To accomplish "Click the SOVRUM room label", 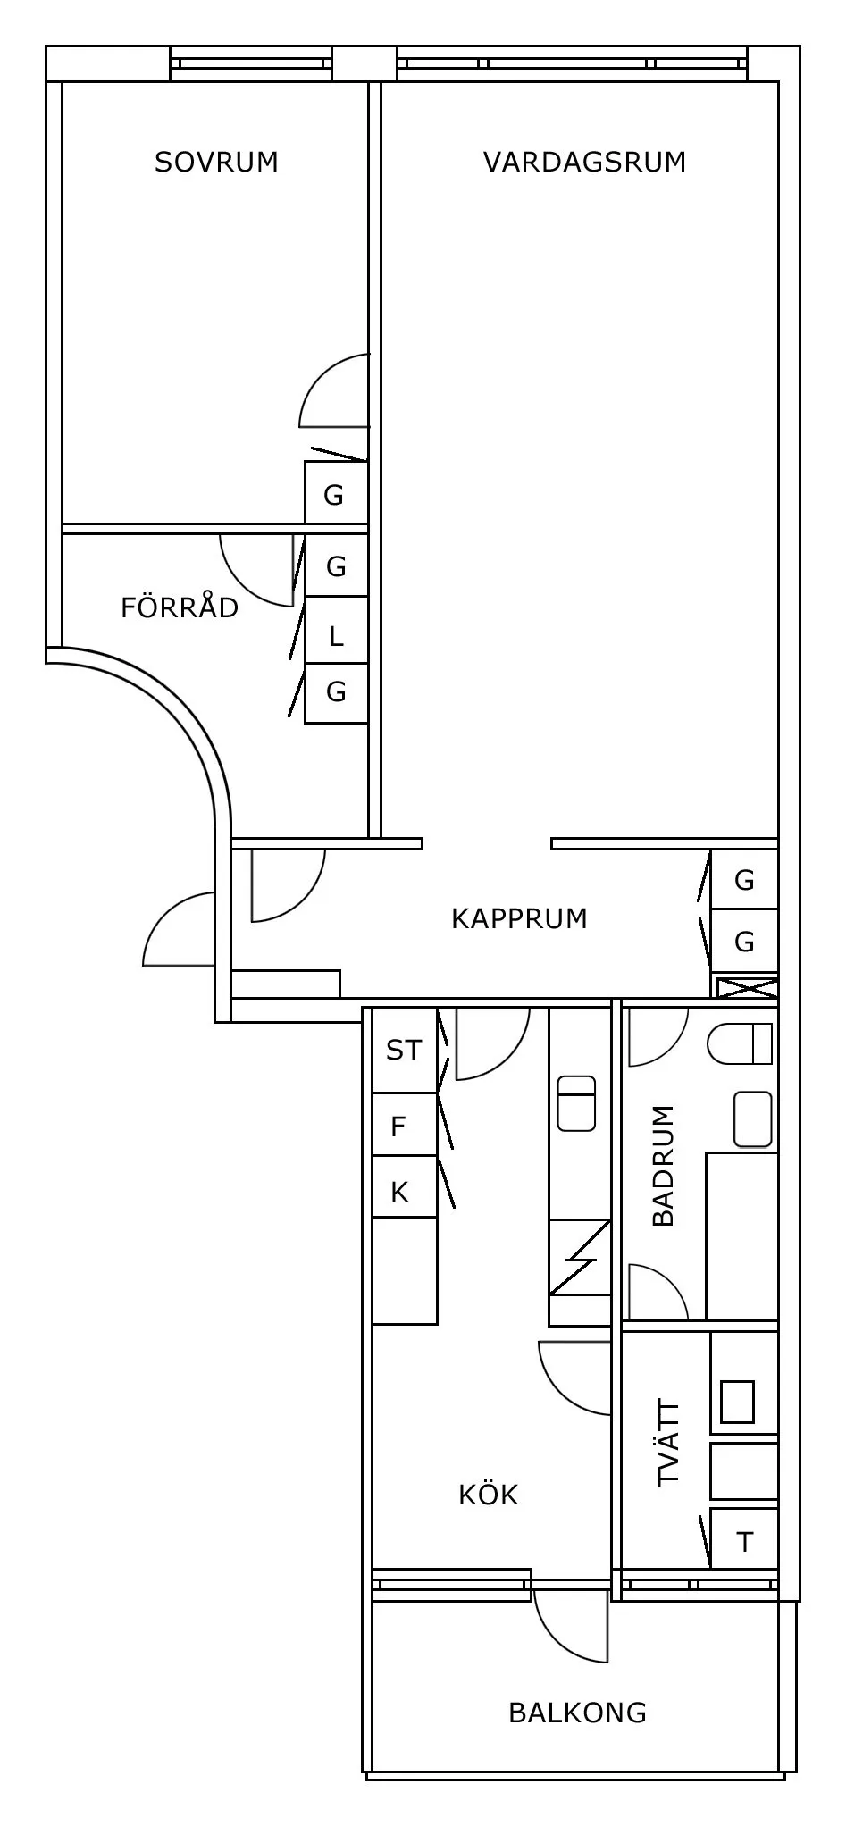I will (x=216, y=162).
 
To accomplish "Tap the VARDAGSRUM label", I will (x=584, y=162).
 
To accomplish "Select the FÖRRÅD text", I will (x=180, y=607).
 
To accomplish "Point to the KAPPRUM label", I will (x=519, y=918).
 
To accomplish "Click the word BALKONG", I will (x=577, y=1713).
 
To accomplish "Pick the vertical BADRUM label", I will (x=664, y=1166).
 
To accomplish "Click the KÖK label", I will (x=488, y=1495).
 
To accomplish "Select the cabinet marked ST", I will (x=404, y=1050).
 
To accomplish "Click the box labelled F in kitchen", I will (x=399, y=1127).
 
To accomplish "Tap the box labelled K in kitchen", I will (x=399, y=1192).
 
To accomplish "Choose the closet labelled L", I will (x=336, y=637).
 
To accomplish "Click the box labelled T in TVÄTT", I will (x=744, y=1542).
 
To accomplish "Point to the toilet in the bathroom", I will (x=740, y=1043).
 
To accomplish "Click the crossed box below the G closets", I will (x=745, y=989).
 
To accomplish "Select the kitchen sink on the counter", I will (x=576, y=1103).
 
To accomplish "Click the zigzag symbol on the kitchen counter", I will (x=579, y=1258).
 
